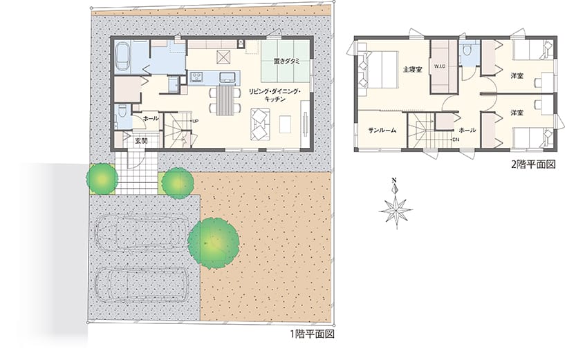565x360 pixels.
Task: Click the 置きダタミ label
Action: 286,61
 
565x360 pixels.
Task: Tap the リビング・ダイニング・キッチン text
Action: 275,95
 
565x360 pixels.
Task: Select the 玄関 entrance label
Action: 141,141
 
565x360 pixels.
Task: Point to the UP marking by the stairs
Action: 195,121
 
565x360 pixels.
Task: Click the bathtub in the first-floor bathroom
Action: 123,57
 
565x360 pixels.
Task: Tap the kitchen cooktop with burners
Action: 197,77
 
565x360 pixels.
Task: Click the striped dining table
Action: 225,100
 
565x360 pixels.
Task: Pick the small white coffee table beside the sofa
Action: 286,124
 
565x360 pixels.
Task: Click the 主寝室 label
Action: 413,70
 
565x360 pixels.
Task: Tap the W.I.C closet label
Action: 440,66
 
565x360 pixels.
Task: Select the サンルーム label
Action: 382,131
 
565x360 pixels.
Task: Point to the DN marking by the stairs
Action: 456,140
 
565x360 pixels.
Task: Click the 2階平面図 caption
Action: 533,164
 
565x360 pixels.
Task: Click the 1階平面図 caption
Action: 313,334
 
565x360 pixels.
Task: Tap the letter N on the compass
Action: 395,181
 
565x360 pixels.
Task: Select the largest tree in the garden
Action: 214,243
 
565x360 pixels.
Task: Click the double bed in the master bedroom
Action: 378,70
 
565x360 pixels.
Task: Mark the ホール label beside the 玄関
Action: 151,118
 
